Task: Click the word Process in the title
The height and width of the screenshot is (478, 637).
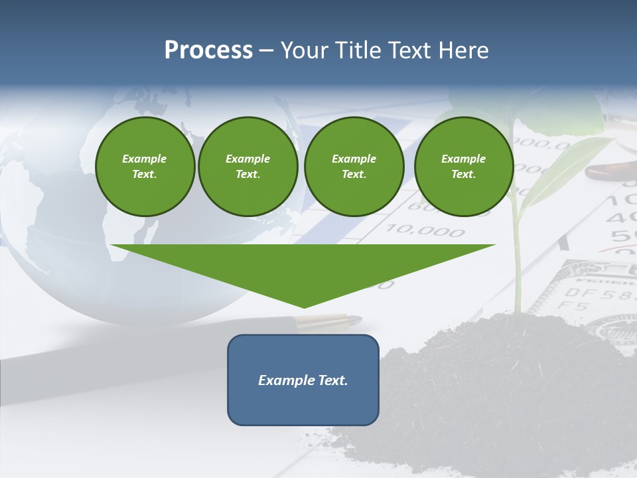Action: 208,50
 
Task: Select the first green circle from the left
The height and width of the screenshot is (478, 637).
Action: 145,166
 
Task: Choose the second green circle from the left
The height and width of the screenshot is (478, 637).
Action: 248,166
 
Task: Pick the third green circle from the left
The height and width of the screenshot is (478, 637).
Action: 354,166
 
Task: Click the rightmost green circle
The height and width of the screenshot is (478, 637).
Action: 463,166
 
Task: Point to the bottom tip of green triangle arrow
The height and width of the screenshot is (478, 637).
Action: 304,306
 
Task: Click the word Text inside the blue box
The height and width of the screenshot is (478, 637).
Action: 330,380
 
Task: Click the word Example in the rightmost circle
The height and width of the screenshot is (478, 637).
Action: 463,159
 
